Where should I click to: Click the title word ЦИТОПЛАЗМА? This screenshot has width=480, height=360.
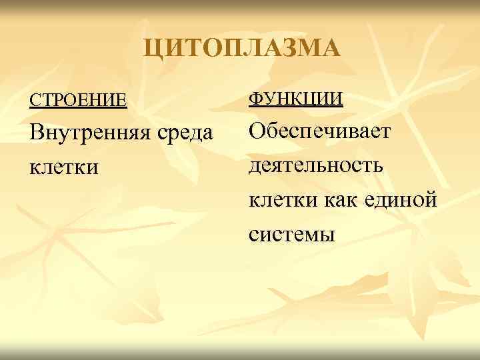click(242, 49)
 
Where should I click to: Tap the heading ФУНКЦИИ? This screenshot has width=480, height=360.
click(296, 99)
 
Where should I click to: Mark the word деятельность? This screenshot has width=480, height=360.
click(316, 165)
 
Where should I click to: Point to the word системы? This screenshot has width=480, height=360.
click(291, 233)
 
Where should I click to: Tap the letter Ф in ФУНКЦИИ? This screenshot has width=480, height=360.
click(256, 99)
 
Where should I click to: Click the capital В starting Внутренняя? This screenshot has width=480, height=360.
click(35, 133)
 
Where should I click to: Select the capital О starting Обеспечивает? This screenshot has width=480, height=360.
click(257, 131)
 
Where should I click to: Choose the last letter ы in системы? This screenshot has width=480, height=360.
click(326, 235)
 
